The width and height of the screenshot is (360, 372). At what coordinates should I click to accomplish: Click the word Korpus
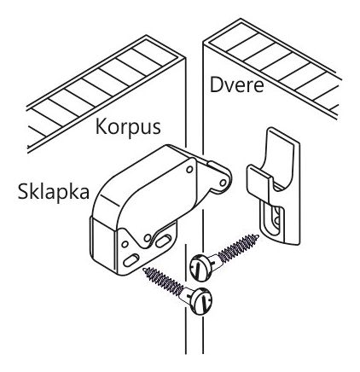coord(128,127)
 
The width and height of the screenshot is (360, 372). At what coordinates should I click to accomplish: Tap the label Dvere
coord(236,84)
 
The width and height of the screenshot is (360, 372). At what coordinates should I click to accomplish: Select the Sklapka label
coord(54,191)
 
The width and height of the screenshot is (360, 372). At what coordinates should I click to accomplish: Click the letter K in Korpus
coord(101,126)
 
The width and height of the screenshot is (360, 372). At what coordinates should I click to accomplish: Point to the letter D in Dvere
coord(216,84)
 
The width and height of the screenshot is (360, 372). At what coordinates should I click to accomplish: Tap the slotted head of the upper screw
coord(200,268)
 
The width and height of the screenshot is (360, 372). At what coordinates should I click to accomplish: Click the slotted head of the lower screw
coord(201,301)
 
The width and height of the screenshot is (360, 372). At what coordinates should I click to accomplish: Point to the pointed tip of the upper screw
coord(258,235)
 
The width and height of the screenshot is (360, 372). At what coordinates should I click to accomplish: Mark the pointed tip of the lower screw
coord(145,269)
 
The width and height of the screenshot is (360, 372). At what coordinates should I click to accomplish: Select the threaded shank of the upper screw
coord(239,247)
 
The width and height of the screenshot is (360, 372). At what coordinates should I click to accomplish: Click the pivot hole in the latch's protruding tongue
coord(224,183)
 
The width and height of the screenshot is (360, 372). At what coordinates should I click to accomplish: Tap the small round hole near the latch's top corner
coord(189,170)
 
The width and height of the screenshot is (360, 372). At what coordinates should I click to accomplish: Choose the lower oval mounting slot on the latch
coord(131,260)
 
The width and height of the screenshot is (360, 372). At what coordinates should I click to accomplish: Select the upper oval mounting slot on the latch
coord(164,241)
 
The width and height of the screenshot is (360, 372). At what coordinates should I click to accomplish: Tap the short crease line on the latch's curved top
coord(110,201)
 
